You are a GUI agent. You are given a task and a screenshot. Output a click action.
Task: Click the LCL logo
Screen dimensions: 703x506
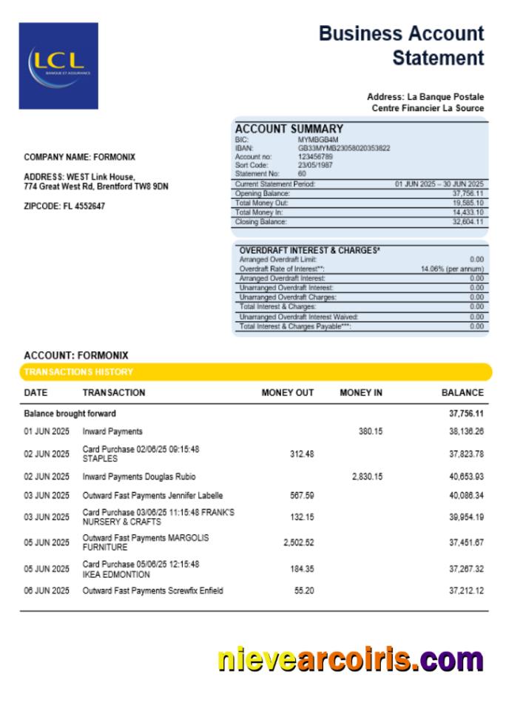click(x=58, y=66)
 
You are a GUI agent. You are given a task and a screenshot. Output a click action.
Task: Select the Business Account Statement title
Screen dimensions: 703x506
click(x=402, y=45)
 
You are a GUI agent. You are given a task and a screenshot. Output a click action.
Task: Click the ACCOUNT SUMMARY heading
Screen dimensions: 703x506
click(x=289, y=129)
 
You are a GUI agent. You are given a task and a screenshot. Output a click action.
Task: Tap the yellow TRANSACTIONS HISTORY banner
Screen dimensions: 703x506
click(x=255, y=371)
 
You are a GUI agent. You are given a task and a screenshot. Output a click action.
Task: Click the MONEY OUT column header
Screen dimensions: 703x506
click(x=288, y=393)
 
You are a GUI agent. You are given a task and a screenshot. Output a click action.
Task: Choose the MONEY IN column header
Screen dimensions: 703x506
click(x=361, y=393)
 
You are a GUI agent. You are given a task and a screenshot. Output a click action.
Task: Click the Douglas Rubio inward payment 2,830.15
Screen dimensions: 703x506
click(x=367, y=477)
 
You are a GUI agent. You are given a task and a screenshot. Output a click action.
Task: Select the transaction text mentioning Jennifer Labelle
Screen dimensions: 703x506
click(x=152, y=496)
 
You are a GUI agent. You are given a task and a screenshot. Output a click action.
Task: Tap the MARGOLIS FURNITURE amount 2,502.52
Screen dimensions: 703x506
click(x=298, y=542)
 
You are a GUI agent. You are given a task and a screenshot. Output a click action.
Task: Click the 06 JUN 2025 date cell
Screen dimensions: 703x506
click(x=47, y=591)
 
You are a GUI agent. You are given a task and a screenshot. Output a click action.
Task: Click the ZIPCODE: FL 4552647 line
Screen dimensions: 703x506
click(x=64, y=206)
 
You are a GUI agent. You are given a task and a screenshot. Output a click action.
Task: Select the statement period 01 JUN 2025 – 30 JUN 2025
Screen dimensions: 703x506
click(x=439, y=184)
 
